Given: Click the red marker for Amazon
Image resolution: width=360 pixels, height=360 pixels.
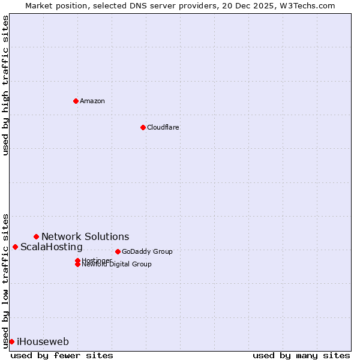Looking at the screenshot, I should pyautogui.click(x=76, y=101).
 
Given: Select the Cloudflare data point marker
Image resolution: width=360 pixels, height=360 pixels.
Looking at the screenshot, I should pyautogui.click(x=143, y=127).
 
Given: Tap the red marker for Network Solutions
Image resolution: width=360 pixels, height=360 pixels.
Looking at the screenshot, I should pyautogui.click(x=36, y=236).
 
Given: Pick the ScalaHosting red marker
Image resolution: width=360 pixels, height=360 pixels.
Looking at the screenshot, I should pyautogui.click(x=15, y=247).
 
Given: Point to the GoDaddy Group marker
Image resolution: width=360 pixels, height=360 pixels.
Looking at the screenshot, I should pyautogui.click(x=118, y=251).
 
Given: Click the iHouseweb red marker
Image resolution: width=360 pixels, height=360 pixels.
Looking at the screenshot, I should pyautogui.click(x=11, y=341).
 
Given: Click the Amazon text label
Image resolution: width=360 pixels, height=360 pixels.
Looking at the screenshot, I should pyautogui.click(x=92, y=101).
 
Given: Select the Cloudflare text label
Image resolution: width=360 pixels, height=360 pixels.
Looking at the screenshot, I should pyautogui.click(x=163, y=127).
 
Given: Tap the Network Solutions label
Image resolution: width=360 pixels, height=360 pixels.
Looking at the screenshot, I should pyautogui.click(x=85, y=236).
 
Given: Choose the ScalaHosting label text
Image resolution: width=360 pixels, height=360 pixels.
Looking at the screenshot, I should pyautogui.click(x=52, y=247).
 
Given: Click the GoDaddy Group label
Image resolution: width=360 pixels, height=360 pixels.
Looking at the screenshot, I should pyautogui.click(x=147, y=251).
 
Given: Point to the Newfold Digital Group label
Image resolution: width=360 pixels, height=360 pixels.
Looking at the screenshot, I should pyautogui.click(x=117, y=265).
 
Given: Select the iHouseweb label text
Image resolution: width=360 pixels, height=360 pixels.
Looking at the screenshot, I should pyautogui.click(x=43, y=341).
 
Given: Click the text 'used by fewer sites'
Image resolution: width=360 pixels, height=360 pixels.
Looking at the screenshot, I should pyautogui.click(x=62, y=355).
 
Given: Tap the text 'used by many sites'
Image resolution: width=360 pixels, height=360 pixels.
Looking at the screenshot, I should pyautogui.click(x=301, y=355).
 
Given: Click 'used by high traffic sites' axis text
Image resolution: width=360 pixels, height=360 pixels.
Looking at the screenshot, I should pyautogui.click(x=5, y=85).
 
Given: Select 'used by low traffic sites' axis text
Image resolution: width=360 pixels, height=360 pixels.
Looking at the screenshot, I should pyautogui.click(x=5, y=281).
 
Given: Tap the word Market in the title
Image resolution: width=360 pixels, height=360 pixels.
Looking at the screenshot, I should pyautogui.click(x=39, y=5).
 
